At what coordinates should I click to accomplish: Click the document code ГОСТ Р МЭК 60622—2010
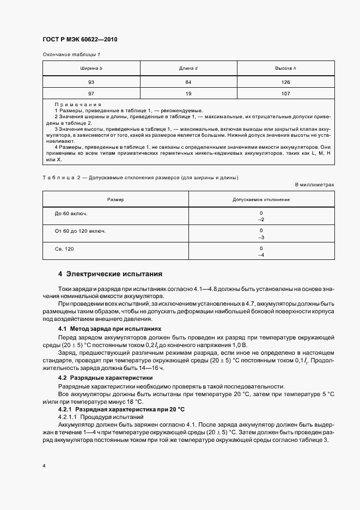[80, 40]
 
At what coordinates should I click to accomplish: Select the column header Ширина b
[91, 68]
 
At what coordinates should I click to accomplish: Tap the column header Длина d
[188, 68]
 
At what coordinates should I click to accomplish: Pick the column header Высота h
[285, 68]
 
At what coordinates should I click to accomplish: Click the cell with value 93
[91, 82]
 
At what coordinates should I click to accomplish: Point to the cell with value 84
[188, 82]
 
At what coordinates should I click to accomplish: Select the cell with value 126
[285, 82]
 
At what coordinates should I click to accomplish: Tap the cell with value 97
[91, 93]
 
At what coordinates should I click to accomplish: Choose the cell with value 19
[188, 93]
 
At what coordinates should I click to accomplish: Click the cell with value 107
[285, 93]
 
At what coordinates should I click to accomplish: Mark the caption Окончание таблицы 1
[71, 54]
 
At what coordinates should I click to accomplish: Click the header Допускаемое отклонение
[261, 200]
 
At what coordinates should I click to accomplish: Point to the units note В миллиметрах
[314, 185]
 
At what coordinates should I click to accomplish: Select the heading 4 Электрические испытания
[110, 274]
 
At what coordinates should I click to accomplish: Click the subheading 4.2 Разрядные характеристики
[106, 378]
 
